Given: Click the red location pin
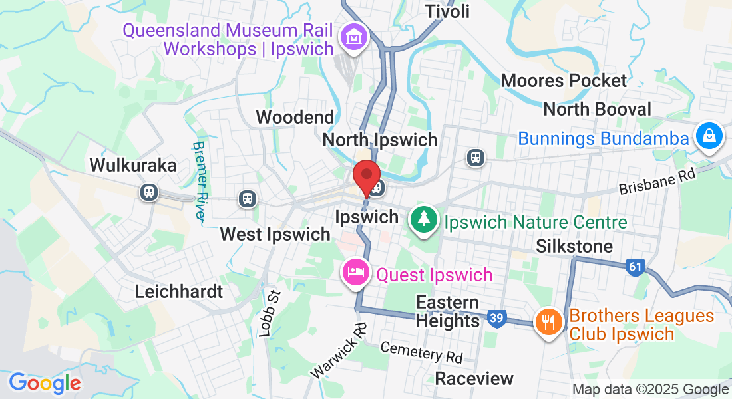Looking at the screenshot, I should coord(365,177).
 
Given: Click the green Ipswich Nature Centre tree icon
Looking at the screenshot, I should coord(423,219).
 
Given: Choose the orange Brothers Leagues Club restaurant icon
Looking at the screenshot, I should coord(548,323).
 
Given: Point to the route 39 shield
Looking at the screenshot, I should coord(496,319).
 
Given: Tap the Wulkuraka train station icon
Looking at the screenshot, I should coord(148,193).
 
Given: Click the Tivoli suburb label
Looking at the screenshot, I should coord(447,11).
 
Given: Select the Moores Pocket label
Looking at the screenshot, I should coord(564,81).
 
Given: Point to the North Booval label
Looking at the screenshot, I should coord(598,109).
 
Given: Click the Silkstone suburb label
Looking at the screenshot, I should coord(574,247).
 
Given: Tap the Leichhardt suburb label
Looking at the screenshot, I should coord(178,291).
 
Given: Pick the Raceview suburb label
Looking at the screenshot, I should coord(474,378).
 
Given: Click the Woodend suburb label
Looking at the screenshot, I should coord(295,118).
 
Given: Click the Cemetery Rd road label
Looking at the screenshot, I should coord(421,352).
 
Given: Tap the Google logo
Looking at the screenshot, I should coord(45,383).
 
